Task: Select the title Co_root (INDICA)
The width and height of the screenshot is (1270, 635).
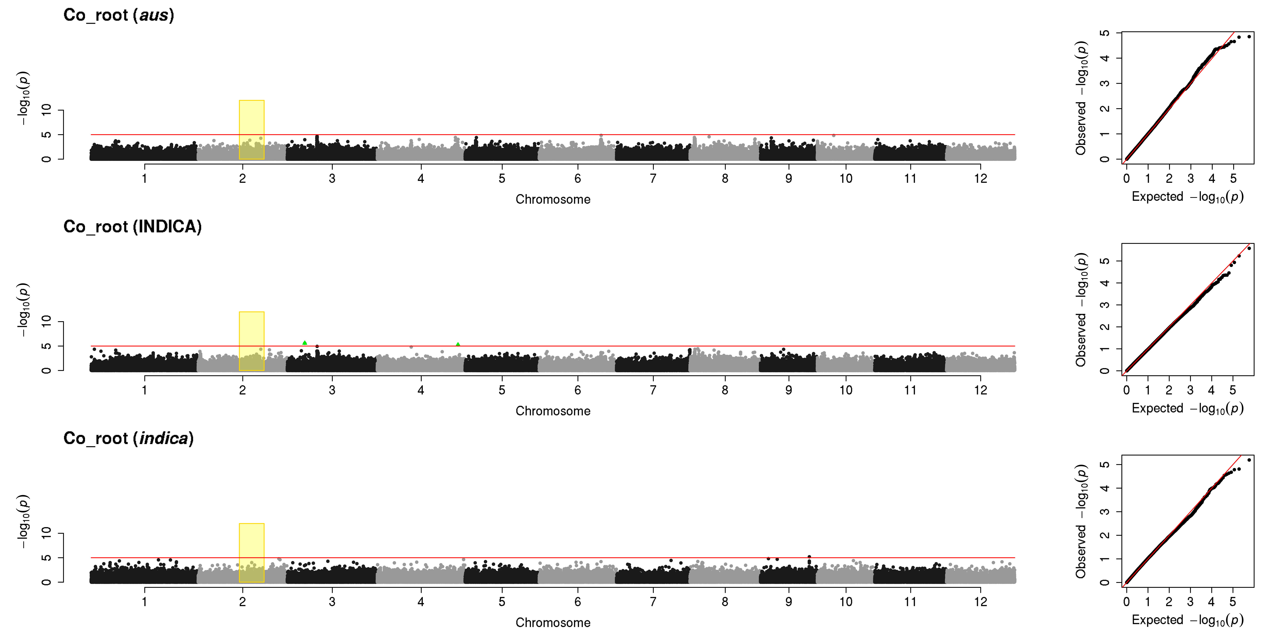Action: (x=133, y=227)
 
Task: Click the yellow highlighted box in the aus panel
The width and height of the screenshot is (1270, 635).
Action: (x=251, y=130)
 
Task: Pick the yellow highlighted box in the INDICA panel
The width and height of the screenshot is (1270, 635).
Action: (x=251, y=341)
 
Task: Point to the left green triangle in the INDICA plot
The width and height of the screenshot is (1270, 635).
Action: (x=305, y=343)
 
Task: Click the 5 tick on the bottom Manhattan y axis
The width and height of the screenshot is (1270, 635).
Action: (x=46, y=558)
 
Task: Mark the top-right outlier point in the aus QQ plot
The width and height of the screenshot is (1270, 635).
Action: (x=1249, y=37)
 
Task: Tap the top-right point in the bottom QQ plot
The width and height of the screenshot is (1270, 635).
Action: (x=1249, y=460)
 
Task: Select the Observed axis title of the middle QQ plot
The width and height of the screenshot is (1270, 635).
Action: (x=1081, y=310)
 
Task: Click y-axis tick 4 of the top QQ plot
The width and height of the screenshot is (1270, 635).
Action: (x=1105, y=58)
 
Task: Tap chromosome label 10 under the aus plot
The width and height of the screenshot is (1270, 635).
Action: (x=846, y=178)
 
